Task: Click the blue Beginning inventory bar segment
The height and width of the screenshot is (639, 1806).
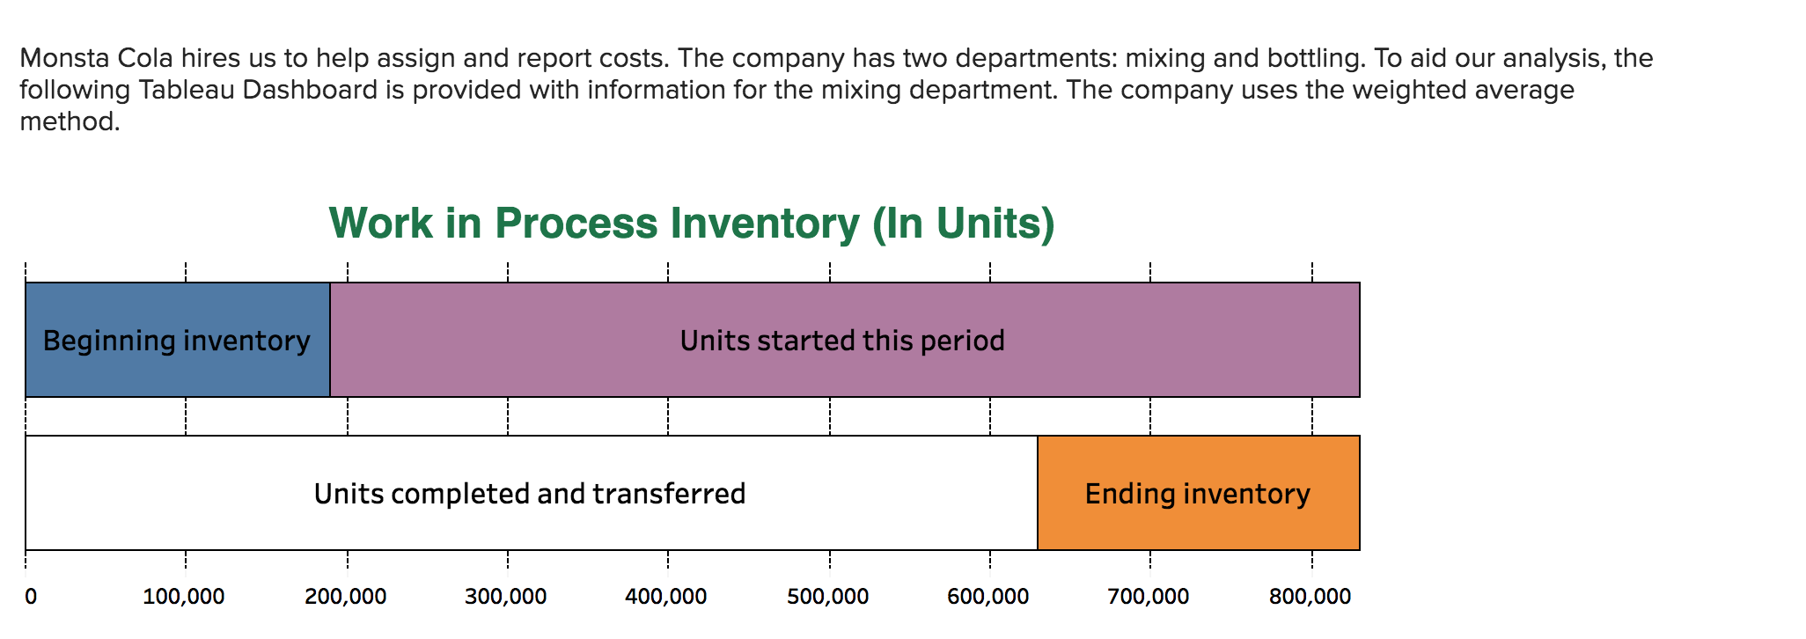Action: pos(177,340)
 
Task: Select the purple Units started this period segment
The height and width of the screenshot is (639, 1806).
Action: pos(843,340)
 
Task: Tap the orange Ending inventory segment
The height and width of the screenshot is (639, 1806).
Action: pos(1198,493)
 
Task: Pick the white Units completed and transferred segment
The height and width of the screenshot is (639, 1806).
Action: pos(530,493)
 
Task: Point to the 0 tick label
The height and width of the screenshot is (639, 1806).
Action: pos(31,597)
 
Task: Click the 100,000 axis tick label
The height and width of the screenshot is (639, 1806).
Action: pos(184,597)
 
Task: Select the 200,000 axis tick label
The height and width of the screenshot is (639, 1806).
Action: pos(346,597)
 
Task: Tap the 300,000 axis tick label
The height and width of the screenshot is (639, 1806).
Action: pos(506,597)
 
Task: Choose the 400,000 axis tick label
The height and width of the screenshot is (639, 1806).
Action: pos(666,597)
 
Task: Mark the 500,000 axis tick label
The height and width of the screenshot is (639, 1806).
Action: pos(828,597)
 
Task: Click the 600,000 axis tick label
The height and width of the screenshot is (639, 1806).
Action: pos(988,597)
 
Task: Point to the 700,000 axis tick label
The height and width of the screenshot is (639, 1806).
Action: pos(1149,597)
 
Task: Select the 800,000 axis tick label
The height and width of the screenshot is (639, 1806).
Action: pos(1310,597)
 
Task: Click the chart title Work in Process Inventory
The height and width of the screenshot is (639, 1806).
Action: pos(595,224)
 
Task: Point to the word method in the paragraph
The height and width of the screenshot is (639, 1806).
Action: pos(69,121)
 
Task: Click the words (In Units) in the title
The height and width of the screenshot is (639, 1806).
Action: pos(963,224)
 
